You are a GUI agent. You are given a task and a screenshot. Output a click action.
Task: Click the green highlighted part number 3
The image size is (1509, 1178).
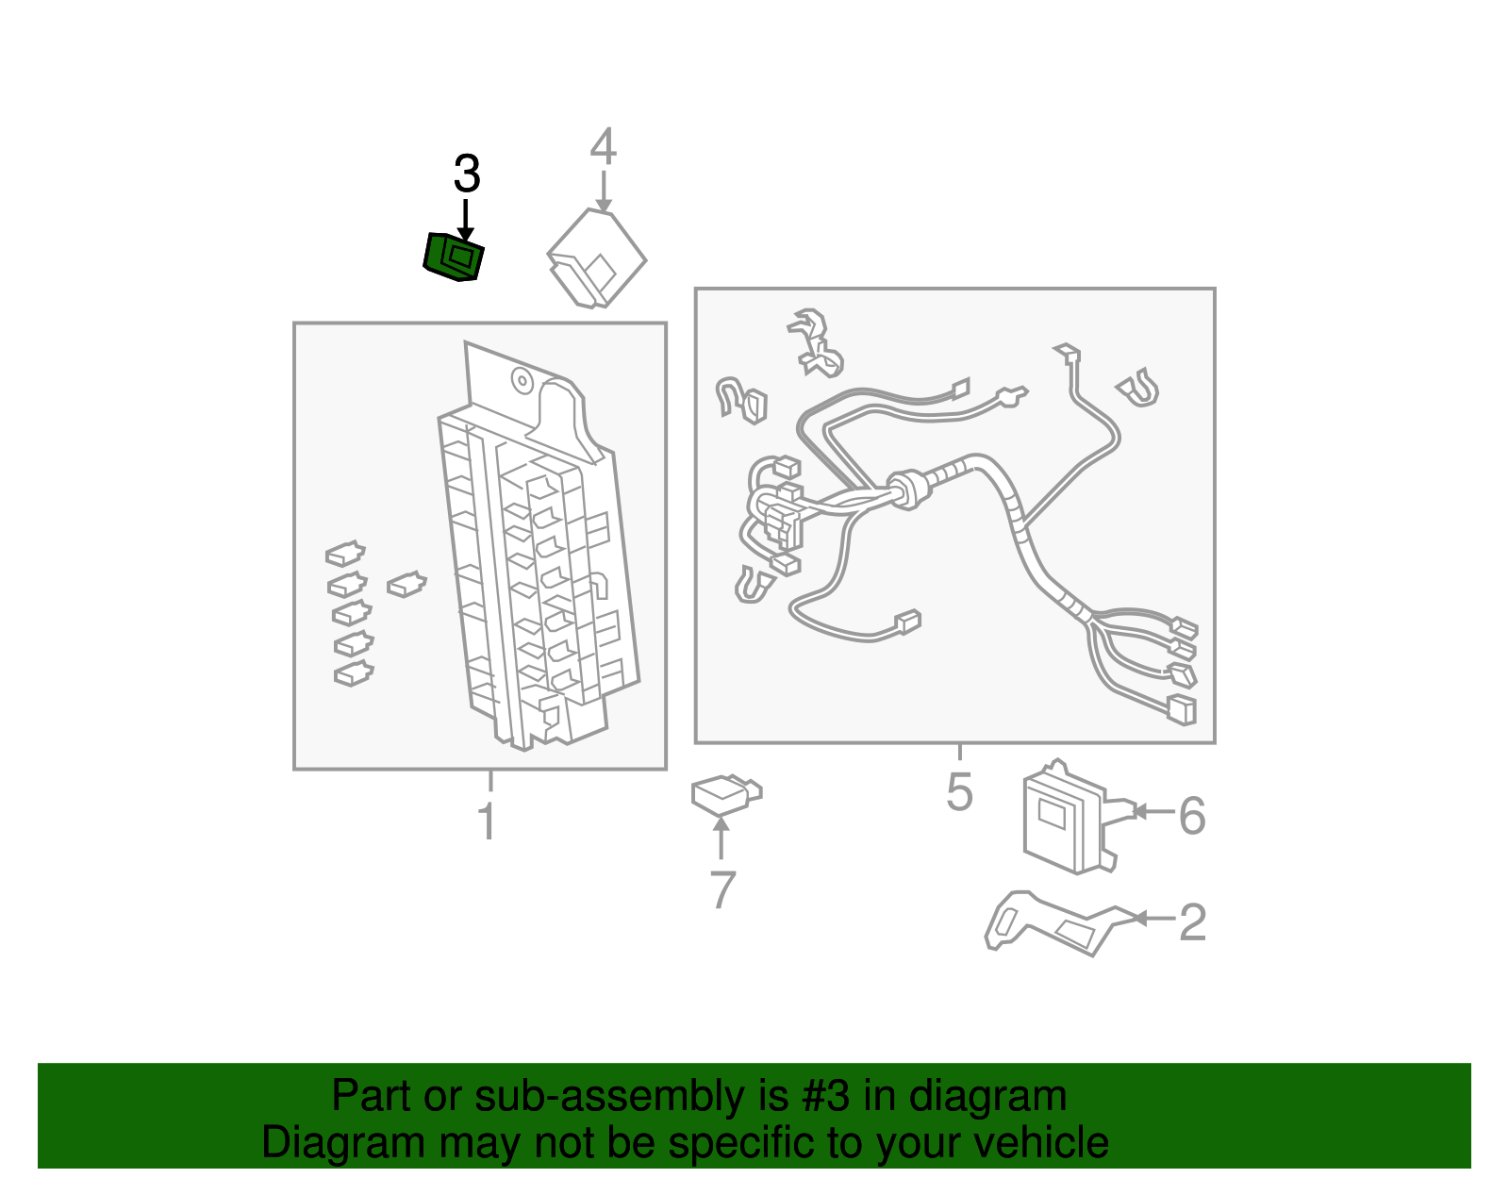pos(453,257)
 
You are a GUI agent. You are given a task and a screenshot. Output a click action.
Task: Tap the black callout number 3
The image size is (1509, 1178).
pos(467,174)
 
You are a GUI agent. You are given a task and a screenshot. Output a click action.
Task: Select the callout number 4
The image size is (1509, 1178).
pos(604,147)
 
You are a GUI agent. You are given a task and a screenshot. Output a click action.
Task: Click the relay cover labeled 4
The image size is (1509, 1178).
pos(596,258)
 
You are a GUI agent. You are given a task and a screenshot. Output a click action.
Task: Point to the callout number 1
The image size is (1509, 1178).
pos(487,821)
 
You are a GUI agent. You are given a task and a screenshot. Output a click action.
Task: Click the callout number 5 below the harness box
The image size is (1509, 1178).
pos(959,791)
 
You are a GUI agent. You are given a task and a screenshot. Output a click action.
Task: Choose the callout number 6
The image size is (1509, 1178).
pos(1192,815)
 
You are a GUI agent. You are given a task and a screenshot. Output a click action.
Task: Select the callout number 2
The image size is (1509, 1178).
pos(1192,921)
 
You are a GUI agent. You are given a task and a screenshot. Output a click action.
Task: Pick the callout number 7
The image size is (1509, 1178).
pos(721,889)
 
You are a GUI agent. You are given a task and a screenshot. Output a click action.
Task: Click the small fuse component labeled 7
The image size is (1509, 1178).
pos(724,795)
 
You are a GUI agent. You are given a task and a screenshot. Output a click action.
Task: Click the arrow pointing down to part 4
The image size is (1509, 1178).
pos(604,193)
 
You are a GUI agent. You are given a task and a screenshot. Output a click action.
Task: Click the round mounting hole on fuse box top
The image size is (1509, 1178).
pos(522,381)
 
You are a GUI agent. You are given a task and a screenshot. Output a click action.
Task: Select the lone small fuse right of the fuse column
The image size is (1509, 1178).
pos(406,584)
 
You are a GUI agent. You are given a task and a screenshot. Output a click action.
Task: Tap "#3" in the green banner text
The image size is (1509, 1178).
pos(825,1096)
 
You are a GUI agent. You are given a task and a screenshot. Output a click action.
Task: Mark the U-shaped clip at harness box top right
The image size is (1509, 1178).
pos(1139,388)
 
